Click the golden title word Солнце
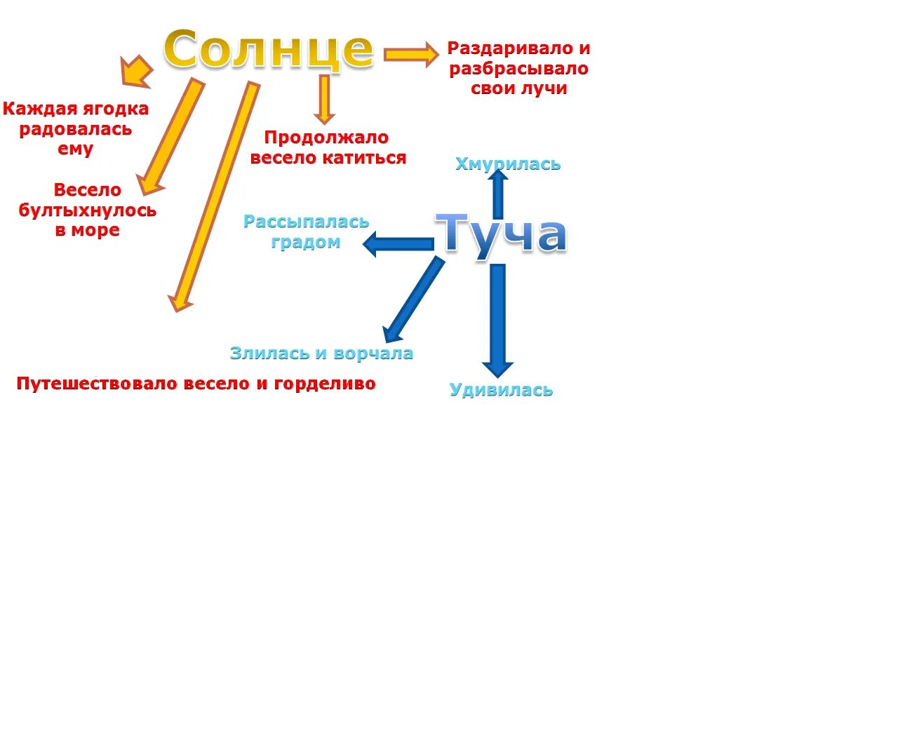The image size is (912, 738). (269, 49)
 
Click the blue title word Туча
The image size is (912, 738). (501, 234)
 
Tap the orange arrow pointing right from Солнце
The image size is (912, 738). (411, 54)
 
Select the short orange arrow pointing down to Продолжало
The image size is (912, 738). (323, 99)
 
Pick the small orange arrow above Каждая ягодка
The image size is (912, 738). (137, 72)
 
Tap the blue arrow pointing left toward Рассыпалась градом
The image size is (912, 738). (398, 244)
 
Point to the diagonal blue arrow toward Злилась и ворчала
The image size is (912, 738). (414, 299)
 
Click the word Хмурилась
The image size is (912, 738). (508, 164)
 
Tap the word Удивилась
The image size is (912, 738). (501, 390)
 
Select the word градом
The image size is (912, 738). (306, 242)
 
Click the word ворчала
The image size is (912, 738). (373, 354)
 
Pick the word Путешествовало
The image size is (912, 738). (98, 384)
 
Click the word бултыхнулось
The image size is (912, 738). (88, 210)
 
